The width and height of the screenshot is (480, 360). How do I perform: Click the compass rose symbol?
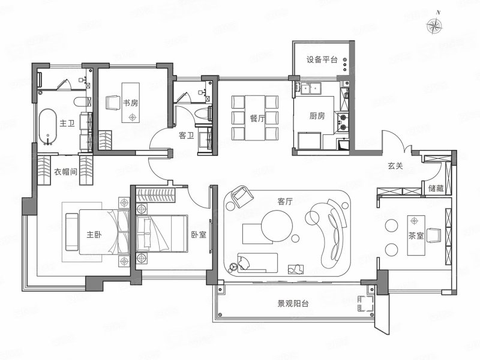(434, 25)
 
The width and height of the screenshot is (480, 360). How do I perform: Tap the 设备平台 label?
(322, 59)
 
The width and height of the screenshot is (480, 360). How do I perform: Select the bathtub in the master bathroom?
(47, 127)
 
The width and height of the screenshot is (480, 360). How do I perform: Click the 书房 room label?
(130, 103)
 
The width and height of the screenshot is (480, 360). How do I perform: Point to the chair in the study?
(113, 103)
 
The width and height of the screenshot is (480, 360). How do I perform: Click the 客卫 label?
(187, 135)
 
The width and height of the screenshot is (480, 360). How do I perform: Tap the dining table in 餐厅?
(255, 118)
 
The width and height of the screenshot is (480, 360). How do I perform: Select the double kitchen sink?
(310, 89)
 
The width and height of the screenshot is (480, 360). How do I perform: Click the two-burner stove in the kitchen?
(343, 122)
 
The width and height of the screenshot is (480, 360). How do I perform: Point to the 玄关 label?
(395, 166)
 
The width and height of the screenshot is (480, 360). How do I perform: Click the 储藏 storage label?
(436, 188)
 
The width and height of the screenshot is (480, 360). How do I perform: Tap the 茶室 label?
(416, 236)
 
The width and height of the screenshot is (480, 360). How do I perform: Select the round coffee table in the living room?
(277, 227)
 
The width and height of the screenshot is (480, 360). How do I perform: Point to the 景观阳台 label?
(293, 304)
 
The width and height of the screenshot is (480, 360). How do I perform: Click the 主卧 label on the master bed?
(94, 235)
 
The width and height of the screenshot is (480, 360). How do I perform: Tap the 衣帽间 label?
(65, 172)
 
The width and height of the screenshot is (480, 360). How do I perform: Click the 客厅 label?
(284, 201)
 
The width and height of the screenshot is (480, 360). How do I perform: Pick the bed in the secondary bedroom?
(162, 233)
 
